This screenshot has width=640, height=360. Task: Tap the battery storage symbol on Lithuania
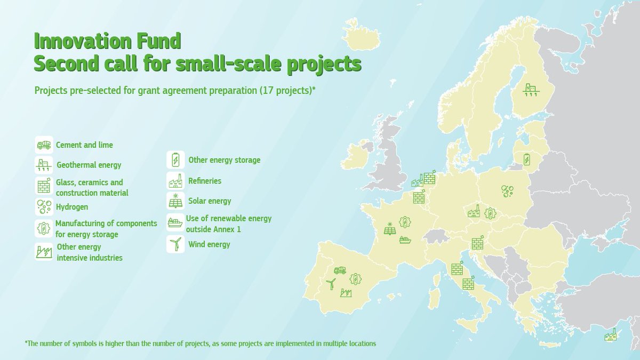(x=527, y=159)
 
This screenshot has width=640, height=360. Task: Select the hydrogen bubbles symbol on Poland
(x=507, y=190)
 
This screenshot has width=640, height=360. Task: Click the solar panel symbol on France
(x=390, y=228)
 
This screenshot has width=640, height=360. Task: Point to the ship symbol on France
(x=405, y=239)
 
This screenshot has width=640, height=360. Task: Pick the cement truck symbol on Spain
(x=340, y=270)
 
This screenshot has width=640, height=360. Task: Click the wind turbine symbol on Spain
(x=331, y=284)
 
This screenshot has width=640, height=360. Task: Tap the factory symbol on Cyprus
(x=610, y=335)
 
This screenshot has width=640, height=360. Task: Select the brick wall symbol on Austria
(x=477, y=243)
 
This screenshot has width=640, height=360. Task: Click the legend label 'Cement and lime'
(x=84, y=145)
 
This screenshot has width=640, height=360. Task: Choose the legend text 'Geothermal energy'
(x=89, y=165)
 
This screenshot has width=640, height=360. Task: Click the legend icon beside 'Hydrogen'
(x=43, y=206)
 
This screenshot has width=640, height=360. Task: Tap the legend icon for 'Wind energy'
(x=175, y=244)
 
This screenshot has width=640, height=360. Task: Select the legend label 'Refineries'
(x=205, y=181)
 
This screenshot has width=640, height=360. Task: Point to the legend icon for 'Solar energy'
(x=175, y=201)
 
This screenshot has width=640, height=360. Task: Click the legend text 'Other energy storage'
(x=224, y=160)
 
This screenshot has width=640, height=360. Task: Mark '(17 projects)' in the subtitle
(x=287, y=90)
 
